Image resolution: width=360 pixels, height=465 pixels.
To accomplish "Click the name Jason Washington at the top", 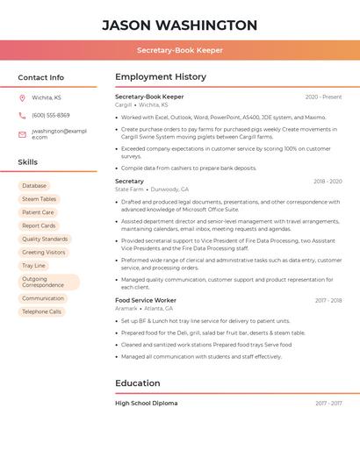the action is [x=179, y=25].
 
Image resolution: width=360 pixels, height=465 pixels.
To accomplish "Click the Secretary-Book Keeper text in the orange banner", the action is [x=179, y=51].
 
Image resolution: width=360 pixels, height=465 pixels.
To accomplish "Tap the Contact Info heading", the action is [x=41, y=77].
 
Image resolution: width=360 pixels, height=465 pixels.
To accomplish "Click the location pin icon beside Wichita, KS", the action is [x=22, y=98].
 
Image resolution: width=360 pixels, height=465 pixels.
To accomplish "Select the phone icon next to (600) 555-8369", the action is [x=22, y=115].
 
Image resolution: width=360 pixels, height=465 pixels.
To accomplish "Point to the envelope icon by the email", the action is [x=22, y=134].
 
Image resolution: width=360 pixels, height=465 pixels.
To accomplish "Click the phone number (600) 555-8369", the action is [x=50, y=115].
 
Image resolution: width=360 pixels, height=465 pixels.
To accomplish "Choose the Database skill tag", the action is [x=34, y=186].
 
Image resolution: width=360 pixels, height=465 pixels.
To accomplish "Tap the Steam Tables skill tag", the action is [x=39, y=199].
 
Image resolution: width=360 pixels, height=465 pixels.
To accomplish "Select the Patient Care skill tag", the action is [x=38, y=212].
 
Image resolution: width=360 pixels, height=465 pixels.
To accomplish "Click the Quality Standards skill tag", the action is [x=45, y=239].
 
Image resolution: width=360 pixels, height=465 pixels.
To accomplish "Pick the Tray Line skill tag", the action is [x=33, y=265].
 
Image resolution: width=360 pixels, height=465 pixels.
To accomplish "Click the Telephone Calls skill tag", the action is [x=41, y=311].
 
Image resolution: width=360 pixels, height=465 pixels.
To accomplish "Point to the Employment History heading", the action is [x=161, y=77].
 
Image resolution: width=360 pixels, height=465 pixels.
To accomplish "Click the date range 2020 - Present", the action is [x=323, y=97].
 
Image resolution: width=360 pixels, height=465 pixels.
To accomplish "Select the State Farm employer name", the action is [x=129, y=189].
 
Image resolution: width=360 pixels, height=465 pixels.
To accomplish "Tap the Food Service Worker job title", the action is [x=146, y=301].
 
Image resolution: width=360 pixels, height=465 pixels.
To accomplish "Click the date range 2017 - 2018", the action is [x=328, y=301].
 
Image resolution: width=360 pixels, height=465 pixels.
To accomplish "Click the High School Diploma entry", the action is [x=146, y=404].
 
